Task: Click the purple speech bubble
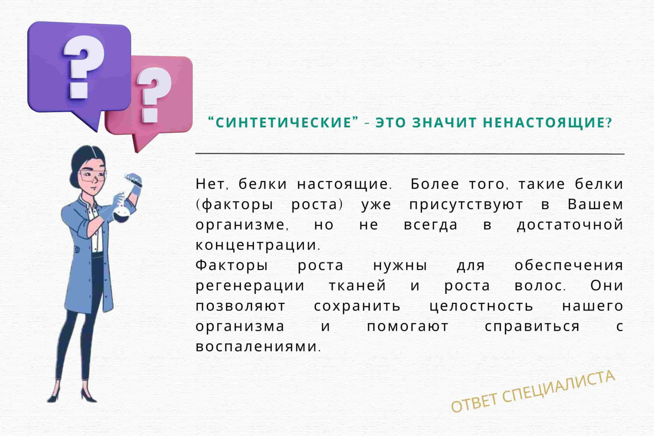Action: tap(79, 70)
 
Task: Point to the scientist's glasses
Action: tap(92, 176)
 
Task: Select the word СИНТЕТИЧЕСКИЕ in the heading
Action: tap(283, 122)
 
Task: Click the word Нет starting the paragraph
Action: tap(212, 184)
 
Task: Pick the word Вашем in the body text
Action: tap(595, 204)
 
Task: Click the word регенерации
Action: tap(250, 286)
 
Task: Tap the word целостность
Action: tap(481, 307)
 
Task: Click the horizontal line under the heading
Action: tap(410, 153)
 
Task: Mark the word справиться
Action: tap(532, 327)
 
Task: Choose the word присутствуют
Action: tap(466, 205)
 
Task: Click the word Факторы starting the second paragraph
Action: tap(232, 266)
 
